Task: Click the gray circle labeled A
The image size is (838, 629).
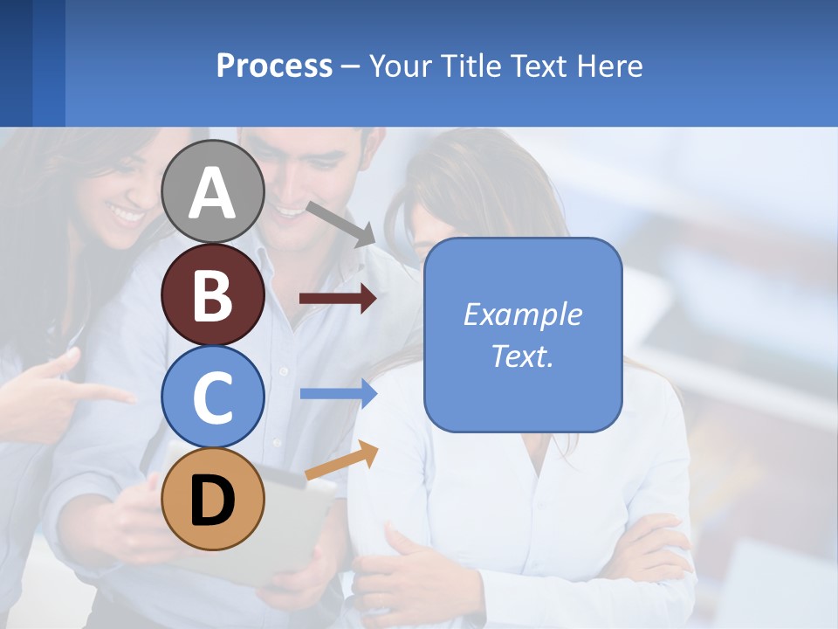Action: [213, 192]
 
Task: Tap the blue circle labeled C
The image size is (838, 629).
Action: [213, 397]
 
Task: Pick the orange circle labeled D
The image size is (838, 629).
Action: [213, 499]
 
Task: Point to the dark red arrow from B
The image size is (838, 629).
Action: [337, 299]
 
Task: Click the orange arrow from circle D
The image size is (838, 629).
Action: [341, 460]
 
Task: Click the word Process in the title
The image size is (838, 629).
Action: [274, 66]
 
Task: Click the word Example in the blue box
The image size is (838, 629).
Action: [522, 314]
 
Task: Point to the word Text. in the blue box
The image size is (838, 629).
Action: [522, 356]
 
